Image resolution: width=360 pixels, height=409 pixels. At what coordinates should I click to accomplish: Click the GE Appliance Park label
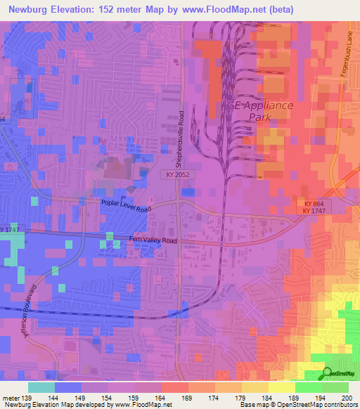[260, 112]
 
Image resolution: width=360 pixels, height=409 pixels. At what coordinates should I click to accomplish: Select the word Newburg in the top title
[36, 9]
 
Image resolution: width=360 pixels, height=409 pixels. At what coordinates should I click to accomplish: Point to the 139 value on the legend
[27, 397]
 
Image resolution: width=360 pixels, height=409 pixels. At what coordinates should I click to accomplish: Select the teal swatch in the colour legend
[41, 387]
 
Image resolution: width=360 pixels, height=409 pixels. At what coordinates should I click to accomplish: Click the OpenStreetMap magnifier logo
[328, 374]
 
